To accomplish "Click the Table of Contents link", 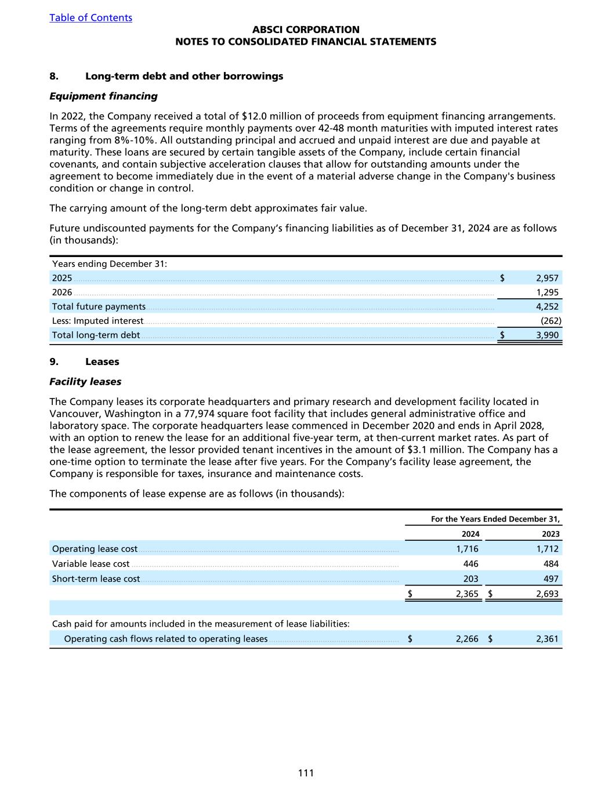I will tap(90, 17).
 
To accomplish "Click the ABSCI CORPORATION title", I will tap(306, 30).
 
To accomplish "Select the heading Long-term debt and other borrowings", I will tap(184, 76).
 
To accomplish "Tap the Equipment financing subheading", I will tap(103, 96).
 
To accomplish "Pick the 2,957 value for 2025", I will tap(547, 278).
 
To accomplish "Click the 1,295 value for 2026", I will tap(547, 292).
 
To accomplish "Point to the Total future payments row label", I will tap(99, 306).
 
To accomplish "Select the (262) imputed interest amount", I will tap(551, 320).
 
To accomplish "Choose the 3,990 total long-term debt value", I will tap(547, 335).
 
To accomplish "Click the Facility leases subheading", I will tap(85, 381).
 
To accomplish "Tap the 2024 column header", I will tap(470, 534).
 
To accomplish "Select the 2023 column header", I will tap(551, 534).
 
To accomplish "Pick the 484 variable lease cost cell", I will tap(551, 563).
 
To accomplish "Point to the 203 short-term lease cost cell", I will tap(470, 578).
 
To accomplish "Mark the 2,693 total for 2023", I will tap(547, 594).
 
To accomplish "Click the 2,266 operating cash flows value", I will tap(467, 639).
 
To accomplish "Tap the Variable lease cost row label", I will tap(90, 563).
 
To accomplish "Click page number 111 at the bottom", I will tap(306, 772).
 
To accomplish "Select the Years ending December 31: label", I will tap(110, 264).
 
